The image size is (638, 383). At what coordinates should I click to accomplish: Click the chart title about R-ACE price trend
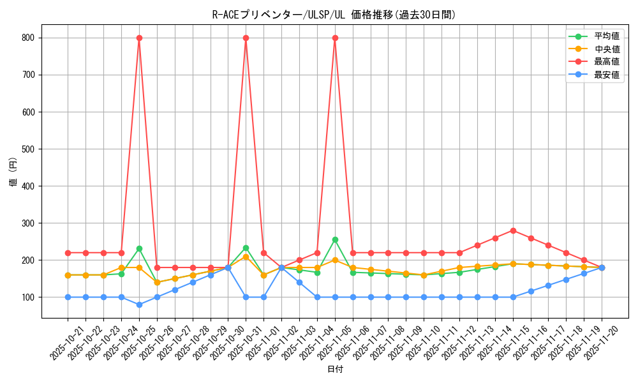click(334, 15)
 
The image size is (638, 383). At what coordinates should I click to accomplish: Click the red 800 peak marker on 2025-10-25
click(139, 38)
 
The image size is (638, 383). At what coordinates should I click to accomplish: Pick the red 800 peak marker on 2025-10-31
click(246, 38)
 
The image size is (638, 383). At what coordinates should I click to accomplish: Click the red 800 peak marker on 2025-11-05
click(335, 38)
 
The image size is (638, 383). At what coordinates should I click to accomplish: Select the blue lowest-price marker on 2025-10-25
click(139, 304)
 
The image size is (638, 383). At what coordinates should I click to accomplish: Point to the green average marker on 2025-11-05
click(335, 239)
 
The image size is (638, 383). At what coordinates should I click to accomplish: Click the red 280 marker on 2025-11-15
click(513, 230)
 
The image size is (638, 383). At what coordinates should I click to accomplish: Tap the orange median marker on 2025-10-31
click(246, 257)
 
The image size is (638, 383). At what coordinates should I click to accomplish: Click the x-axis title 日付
click(334, 370)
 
